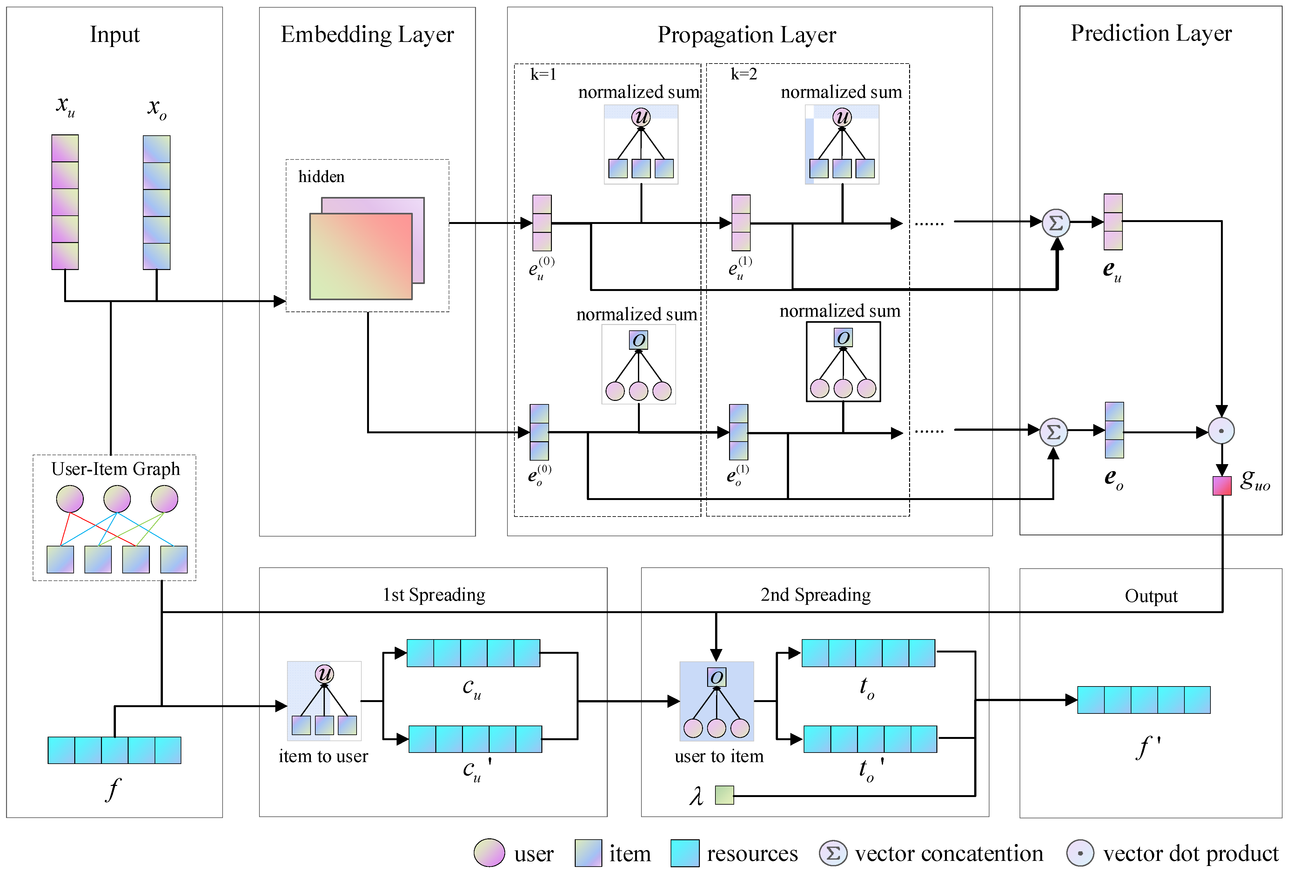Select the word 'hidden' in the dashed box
pos(321,177)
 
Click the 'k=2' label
pos(743,74)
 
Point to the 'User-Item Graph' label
pos(116,469)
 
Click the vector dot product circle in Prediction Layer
pos(1221,431)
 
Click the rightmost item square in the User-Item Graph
pos(173,559)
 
